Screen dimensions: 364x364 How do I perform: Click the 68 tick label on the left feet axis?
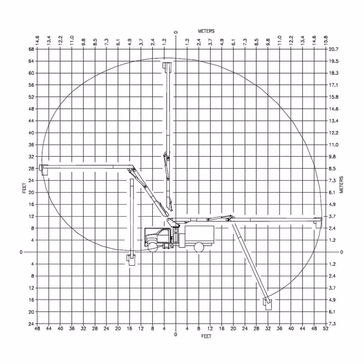pyautogui.click(x=31, y=49)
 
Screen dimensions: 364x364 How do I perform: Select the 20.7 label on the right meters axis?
pyautogui.click(x=334, y=49)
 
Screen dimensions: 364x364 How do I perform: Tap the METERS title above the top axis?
pyautogui.click(x=206, y=31)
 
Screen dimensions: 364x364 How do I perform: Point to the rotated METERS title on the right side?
pyautogui.click(x=341, y=185)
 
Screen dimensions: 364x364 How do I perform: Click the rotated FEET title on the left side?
pyautogui.click(x=25, y=188)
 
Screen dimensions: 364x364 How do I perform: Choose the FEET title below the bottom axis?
pyautogui.click(x=206, y=336)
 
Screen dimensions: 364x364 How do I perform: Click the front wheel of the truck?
pyautogui.click(x=153, y=247)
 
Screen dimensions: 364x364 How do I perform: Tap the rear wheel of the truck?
pyautogui.click(x=199, y=247)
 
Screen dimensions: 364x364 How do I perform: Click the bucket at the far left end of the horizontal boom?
pyautogui.click(x=44, y=170)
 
